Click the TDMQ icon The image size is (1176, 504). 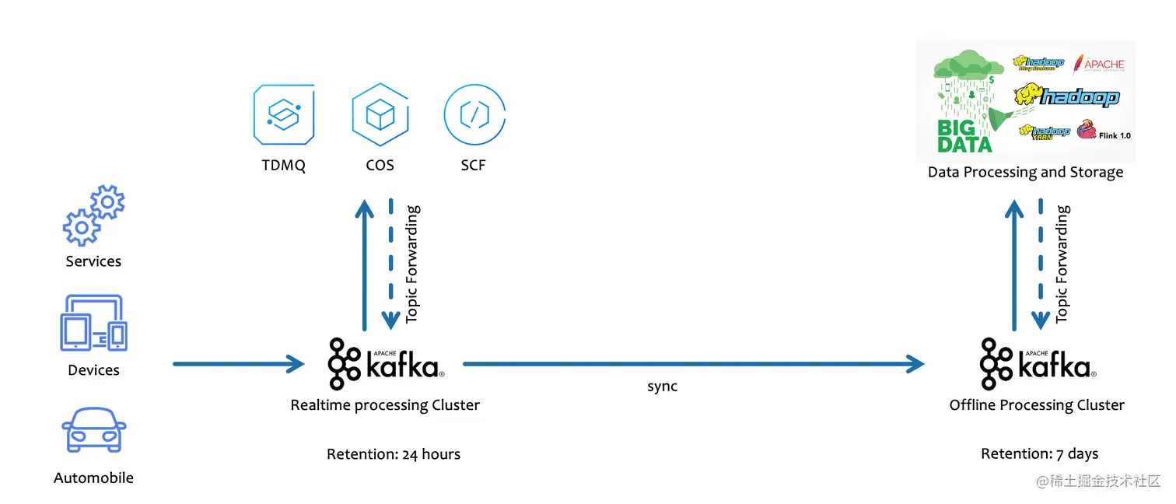(284, 114)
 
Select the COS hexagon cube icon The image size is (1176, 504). (380, 114)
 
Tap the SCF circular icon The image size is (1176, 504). (474, 114)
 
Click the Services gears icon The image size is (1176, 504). (93, 215)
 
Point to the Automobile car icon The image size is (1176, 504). (93, 430)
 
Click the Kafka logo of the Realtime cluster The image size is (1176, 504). (386, 363)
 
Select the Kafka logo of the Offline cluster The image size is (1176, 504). (1038, 363)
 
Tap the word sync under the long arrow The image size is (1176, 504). (662, 387)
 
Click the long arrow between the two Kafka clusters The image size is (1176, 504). (692, 363)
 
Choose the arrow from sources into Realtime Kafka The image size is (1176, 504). (238, 363)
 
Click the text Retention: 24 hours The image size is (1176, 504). (393, 454)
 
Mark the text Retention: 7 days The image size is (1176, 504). (1039, 453)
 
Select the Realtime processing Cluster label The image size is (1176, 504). (385, 405)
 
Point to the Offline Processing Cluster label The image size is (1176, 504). (1037, 405)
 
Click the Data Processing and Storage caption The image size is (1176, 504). (1025, 172)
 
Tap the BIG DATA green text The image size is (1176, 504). (964, 136)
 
